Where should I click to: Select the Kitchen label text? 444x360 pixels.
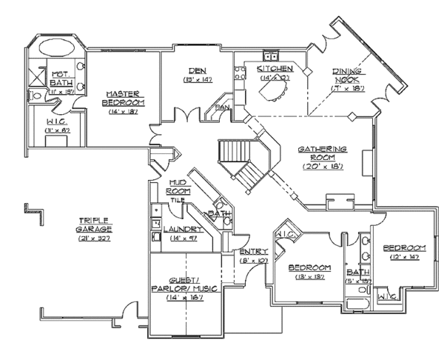(270, 68)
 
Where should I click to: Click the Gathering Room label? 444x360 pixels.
(319, 153)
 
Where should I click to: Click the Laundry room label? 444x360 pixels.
(178, 230)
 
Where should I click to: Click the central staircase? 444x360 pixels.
(243, 163)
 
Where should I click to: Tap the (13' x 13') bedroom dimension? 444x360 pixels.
(309, 276)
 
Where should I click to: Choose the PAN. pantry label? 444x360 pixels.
(221, 108)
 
